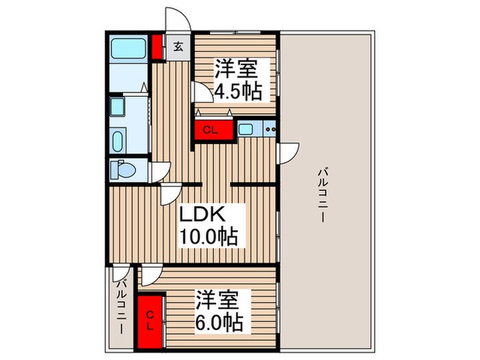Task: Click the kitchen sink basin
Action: pos(246,128)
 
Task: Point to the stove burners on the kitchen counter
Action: pos(269,128)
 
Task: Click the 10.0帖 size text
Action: pos(208,237)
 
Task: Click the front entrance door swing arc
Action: pos(175,19)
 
